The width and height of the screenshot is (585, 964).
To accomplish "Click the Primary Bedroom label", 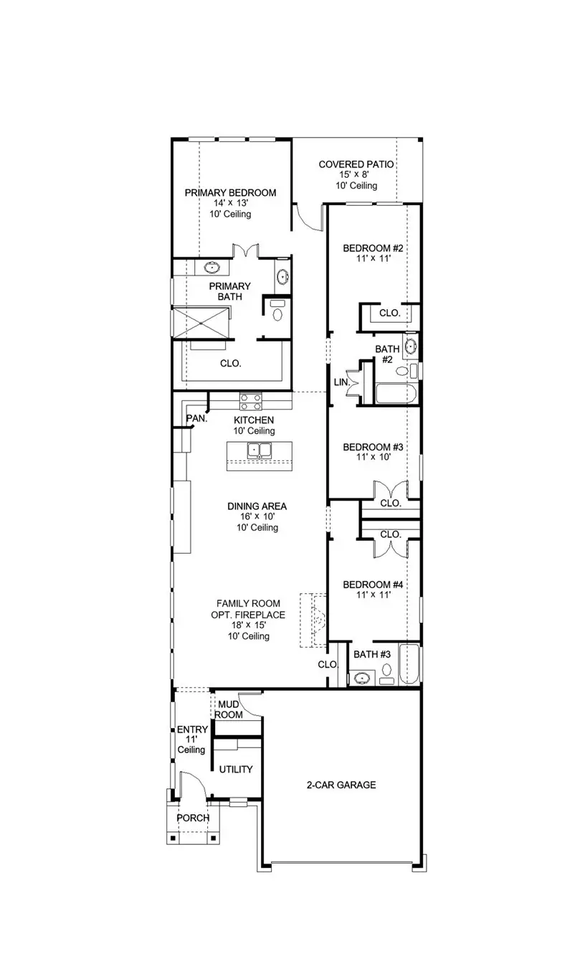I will click(230, 192).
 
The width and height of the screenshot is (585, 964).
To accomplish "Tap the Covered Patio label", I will click(356, 165).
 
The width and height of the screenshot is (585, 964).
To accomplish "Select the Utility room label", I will click(236, 770).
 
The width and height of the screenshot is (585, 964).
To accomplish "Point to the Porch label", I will click(193, 818).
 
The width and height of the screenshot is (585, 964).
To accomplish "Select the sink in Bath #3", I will click(363, 677).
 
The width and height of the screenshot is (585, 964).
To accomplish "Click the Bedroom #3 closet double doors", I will click(389, 490).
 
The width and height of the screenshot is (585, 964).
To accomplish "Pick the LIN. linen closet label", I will click(341, 383).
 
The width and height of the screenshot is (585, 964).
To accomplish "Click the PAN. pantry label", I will click(196, 419).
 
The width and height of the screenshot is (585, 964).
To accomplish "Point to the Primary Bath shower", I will click(203, 322).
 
